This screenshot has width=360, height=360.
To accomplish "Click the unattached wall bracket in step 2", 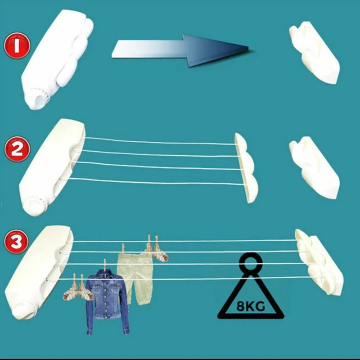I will (x=314, y=167).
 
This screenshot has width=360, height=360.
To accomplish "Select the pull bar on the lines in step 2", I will (x=245, y=166).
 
